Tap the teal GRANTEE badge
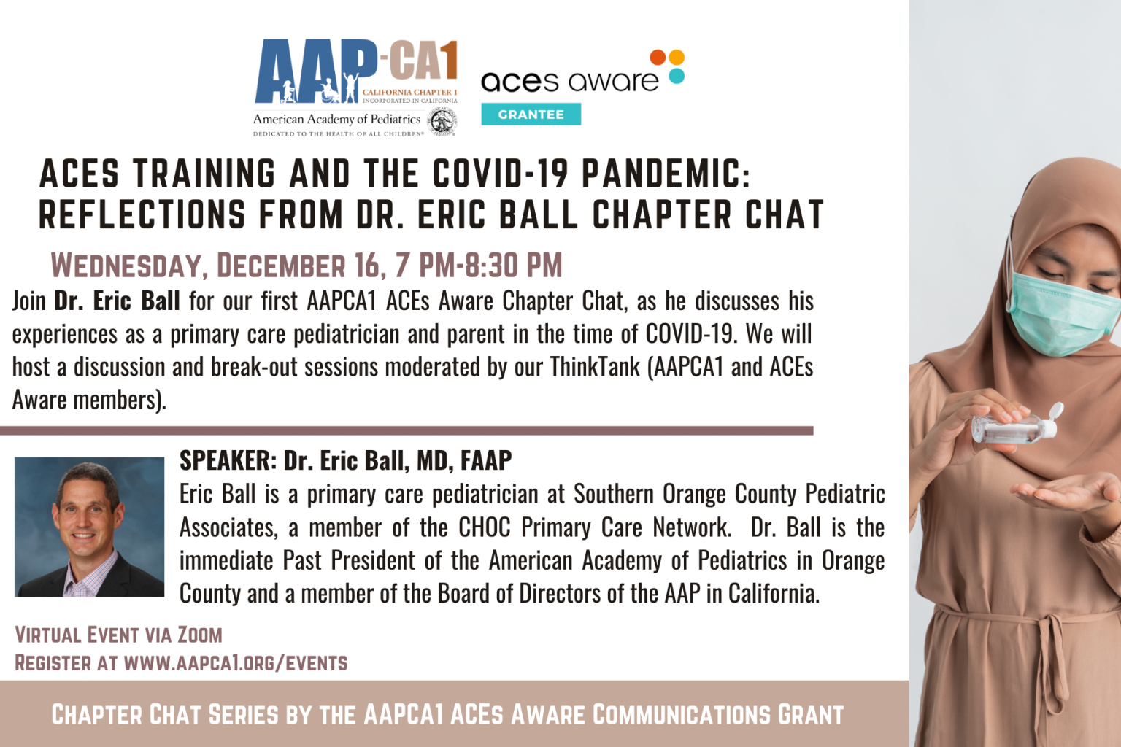[x=531, y=115]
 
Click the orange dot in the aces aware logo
[x=658, y=58]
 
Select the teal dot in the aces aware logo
[x=677, y=76]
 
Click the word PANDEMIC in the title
[x=665, y=174]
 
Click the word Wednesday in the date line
[x=125, y=266]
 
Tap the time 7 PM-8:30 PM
[x=479, y=266]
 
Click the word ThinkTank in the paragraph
[x=595, y=367]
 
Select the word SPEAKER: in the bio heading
[x=228, y=461]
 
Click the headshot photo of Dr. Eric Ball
[x=89, y=527]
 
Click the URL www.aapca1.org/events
[x=236, y=663]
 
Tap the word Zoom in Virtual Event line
[x=200, y=635]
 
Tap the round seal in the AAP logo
[x=442, y=121]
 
